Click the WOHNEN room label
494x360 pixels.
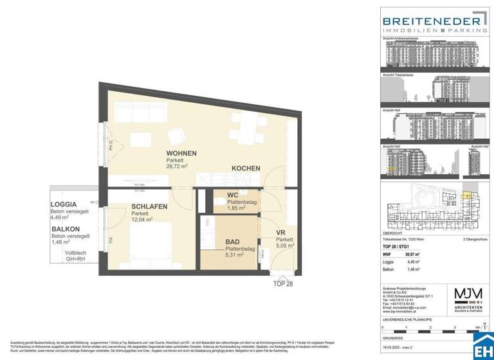pos(181,153)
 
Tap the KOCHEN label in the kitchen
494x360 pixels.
pos(246,168)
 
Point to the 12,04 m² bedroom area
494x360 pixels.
pos(143,219)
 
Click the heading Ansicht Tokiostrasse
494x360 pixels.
pos(399,74)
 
